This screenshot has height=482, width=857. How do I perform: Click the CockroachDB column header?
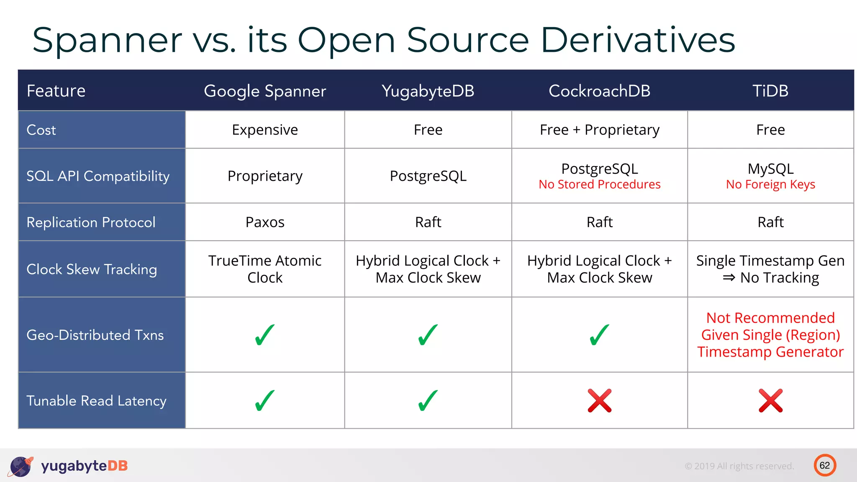599,91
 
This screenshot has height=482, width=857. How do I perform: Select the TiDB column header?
770,91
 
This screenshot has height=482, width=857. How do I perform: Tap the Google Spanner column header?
265,91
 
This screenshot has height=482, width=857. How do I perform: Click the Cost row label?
41,130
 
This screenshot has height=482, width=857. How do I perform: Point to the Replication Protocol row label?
91,222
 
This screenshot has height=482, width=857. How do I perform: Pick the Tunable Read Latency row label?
96,401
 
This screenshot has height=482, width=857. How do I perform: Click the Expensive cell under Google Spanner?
265,130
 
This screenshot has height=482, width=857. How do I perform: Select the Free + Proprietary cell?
599,130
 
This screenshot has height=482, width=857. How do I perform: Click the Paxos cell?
265,222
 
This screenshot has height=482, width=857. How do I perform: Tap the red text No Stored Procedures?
599,185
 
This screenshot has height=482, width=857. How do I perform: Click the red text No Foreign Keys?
770,185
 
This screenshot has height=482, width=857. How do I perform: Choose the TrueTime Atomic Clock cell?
265,269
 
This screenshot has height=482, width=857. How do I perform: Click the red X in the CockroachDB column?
599,401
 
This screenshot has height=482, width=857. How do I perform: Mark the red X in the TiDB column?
770,401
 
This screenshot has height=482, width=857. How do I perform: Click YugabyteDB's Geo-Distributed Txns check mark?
428,335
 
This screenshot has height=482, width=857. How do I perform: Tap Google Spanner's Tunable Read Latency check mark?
264,401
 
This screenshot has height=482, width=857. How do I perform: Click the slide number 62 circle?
824,465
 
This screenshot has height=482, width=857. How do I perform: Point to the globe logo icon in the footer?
21,466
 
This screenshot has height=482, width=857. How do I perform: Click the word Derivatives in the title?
638,40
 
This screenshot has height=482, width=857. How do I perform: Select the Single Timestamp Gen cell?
770,269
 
